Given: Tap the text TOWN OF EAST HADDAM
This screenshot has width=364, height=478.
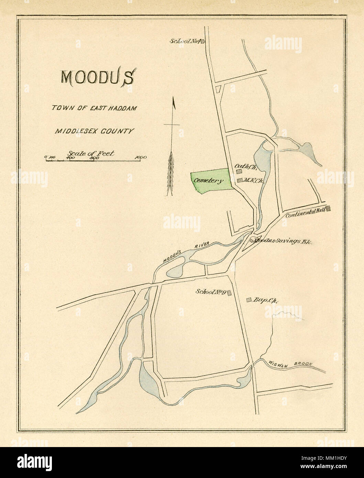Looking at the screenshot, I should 94,108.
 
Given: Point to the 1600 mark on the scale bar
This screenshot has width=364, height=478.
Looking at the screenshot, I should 141,158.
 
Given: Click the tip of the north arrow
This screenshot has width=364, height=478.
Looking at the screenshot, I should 174,99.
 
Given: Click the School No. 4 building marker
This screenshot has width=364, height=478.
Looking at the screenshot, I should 203,42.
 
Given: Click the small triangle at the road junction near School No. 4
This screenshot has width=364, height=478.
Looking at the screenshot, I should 218,89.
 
